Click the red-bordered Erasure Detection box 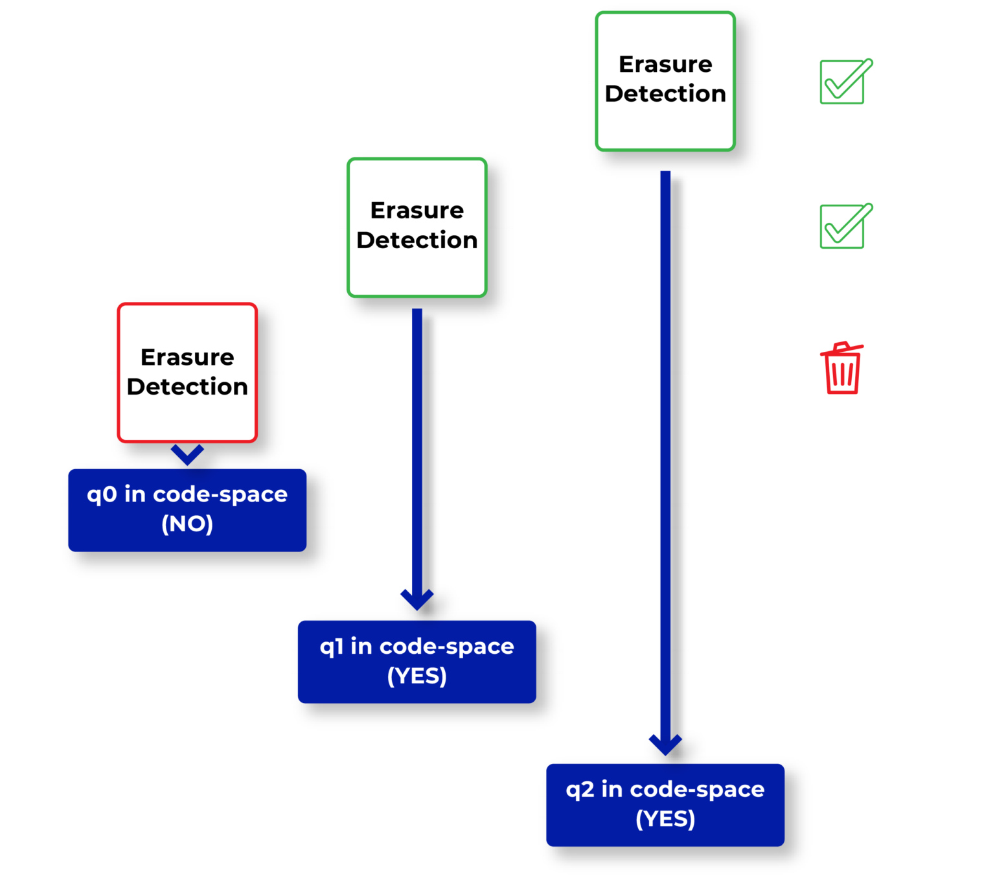[187, 373]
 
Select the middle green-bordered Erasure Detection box [417, 227]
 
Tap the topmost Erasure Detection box [665, 81]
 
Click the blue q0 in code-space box [187, 510]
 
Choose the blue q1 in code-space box [417, 662]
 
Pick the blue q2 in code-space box [665, 805]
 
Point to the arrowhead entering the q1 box [417, 599]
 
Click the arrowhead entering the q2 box [665, 745]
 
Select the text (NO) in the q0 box [187, 524]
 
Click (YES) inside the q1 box [417, 676]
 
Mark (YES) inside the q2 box [665, 820]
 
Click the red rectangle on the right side [858, 428]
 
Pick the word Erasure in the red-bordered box [187, 357]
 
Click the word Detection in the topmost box [665, 94]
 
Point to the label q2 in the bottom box [580, 790]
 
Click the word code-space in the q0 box [220, 494]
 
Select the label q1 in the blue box [331, 647]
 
